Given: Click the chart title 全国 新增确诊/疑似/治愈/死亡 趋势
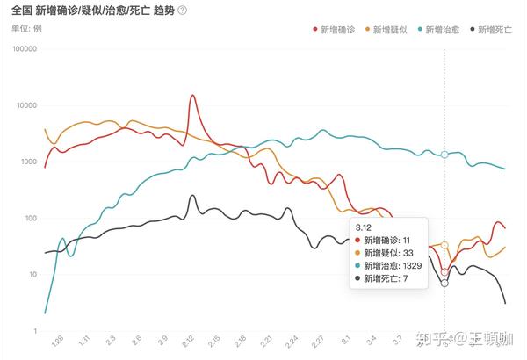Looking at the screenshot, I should click(93, 11).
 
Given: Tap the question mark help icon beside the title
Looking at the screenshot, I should click(182, 11).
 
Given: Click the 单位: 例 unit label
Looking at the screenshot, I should click(26, 28).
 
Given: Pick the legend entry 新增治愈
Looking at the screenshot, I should click(442, 30).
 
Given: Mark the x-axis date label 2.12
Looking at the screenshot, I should click(189, 340).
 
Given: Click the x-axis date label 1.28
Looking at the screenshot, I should click(58, 340).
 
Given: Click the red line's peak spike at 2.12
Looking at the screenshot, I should click(191, 97).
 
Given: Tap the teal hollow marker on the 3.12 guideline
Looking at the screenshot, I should click(444, 155).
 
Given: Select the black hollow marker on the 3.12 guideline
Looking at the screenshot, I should click(444, 284).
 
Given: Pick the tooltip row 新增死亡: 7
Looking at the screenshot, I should click(384, 278).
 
